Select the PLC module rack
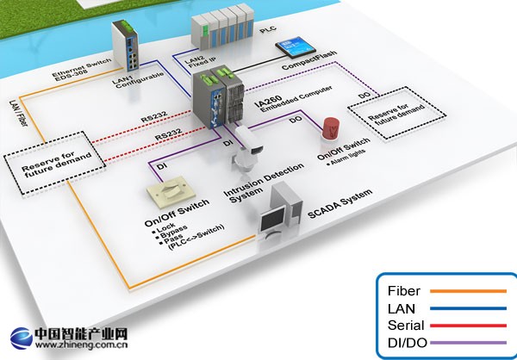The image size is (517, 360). (x=226, y=30)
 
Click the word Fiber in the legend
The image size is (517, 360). (x=404, y=291)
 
